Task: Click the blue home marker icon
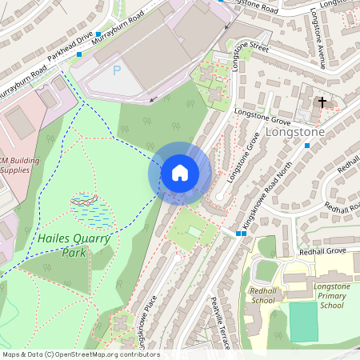tap(180, 173)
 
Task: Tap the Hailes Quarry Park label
tap(62, 246)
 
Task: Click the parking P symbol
tap(116, 70)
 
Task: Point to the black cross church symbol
tap(322, 102)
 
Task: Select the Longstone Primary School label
tap(331, 295)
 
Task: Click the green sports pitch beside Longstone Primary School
tap(303, 321)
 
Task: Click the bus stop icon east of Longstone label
tap(307, 146)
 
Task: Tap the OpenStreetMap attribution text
tap(80, 354)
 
